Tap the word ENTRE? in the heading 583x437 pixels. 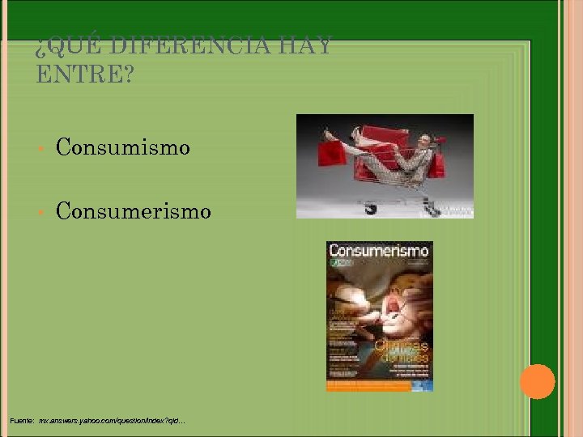85,75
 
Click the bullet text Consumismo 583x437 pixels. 122,147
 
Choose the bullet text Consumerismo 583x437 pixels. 133,212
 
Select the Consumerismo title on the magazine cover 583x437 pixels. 379,252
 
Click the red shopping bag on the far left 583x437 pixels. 333,151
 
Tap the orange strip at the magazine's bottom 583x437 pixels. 379,385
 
